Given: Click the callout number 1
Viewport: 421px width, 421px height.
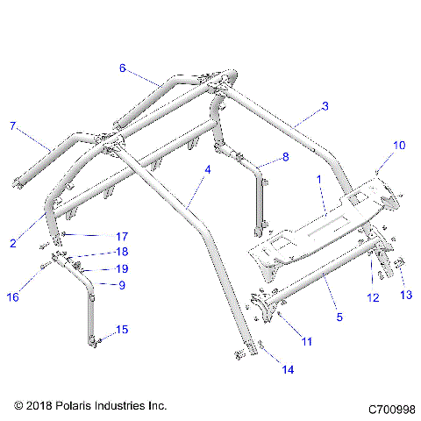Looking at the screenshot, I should pyautogui.click(x=319, y=178).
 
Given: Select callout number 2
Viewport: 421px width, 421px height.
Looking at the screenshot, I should pyautogui.click(x=12, y=243).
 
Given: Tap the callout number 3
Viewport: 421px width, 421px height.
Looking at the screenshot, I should pyautogui.click(x=325, y=106).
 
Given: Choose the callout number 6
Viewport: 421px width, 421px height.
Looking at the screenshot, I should pyautogui.click(x=123, y=68).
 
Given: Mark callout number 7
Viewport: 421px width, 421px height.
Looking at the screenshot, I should pyautogui.click(x=12, y=126).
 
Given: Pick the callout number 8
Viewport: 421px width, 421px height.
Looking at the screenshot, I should pyautogui.click(x=283, y=158).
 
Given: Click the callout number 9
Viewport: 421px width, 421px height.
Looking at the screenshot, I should pyautogui.click(x=121, y=284).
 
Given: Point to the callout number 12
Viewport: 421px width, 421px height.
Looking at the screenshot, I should pyautogui.click(x=373, y=298).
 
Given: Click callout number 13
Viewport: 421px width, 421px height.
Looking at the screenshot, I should pyautogui.click(x=405, y=295).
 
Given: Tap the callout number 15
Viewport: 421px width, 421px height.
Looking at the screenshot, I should pyautogui.click(x=122, y=330).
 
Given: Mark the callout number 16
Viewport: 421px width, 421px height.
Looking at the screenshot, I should pyautogui.click(x=13, y=298).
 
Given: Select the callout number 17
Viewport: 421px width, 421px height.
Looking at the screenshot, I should pyautogui.click(x=121, y=236).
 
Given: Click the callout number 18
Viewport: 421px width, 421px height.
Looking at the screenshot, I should pyautogui.click(x=121, y=252).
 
